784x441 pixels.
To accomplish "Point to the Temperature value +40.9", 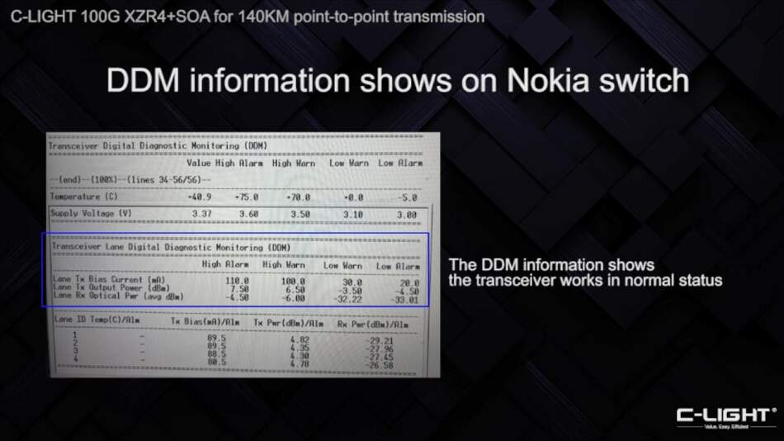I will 201,197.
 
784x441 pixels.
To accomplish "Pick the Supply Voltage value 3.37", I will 201,214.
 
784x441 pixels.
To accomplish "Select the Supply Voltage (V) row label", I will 92,214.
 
